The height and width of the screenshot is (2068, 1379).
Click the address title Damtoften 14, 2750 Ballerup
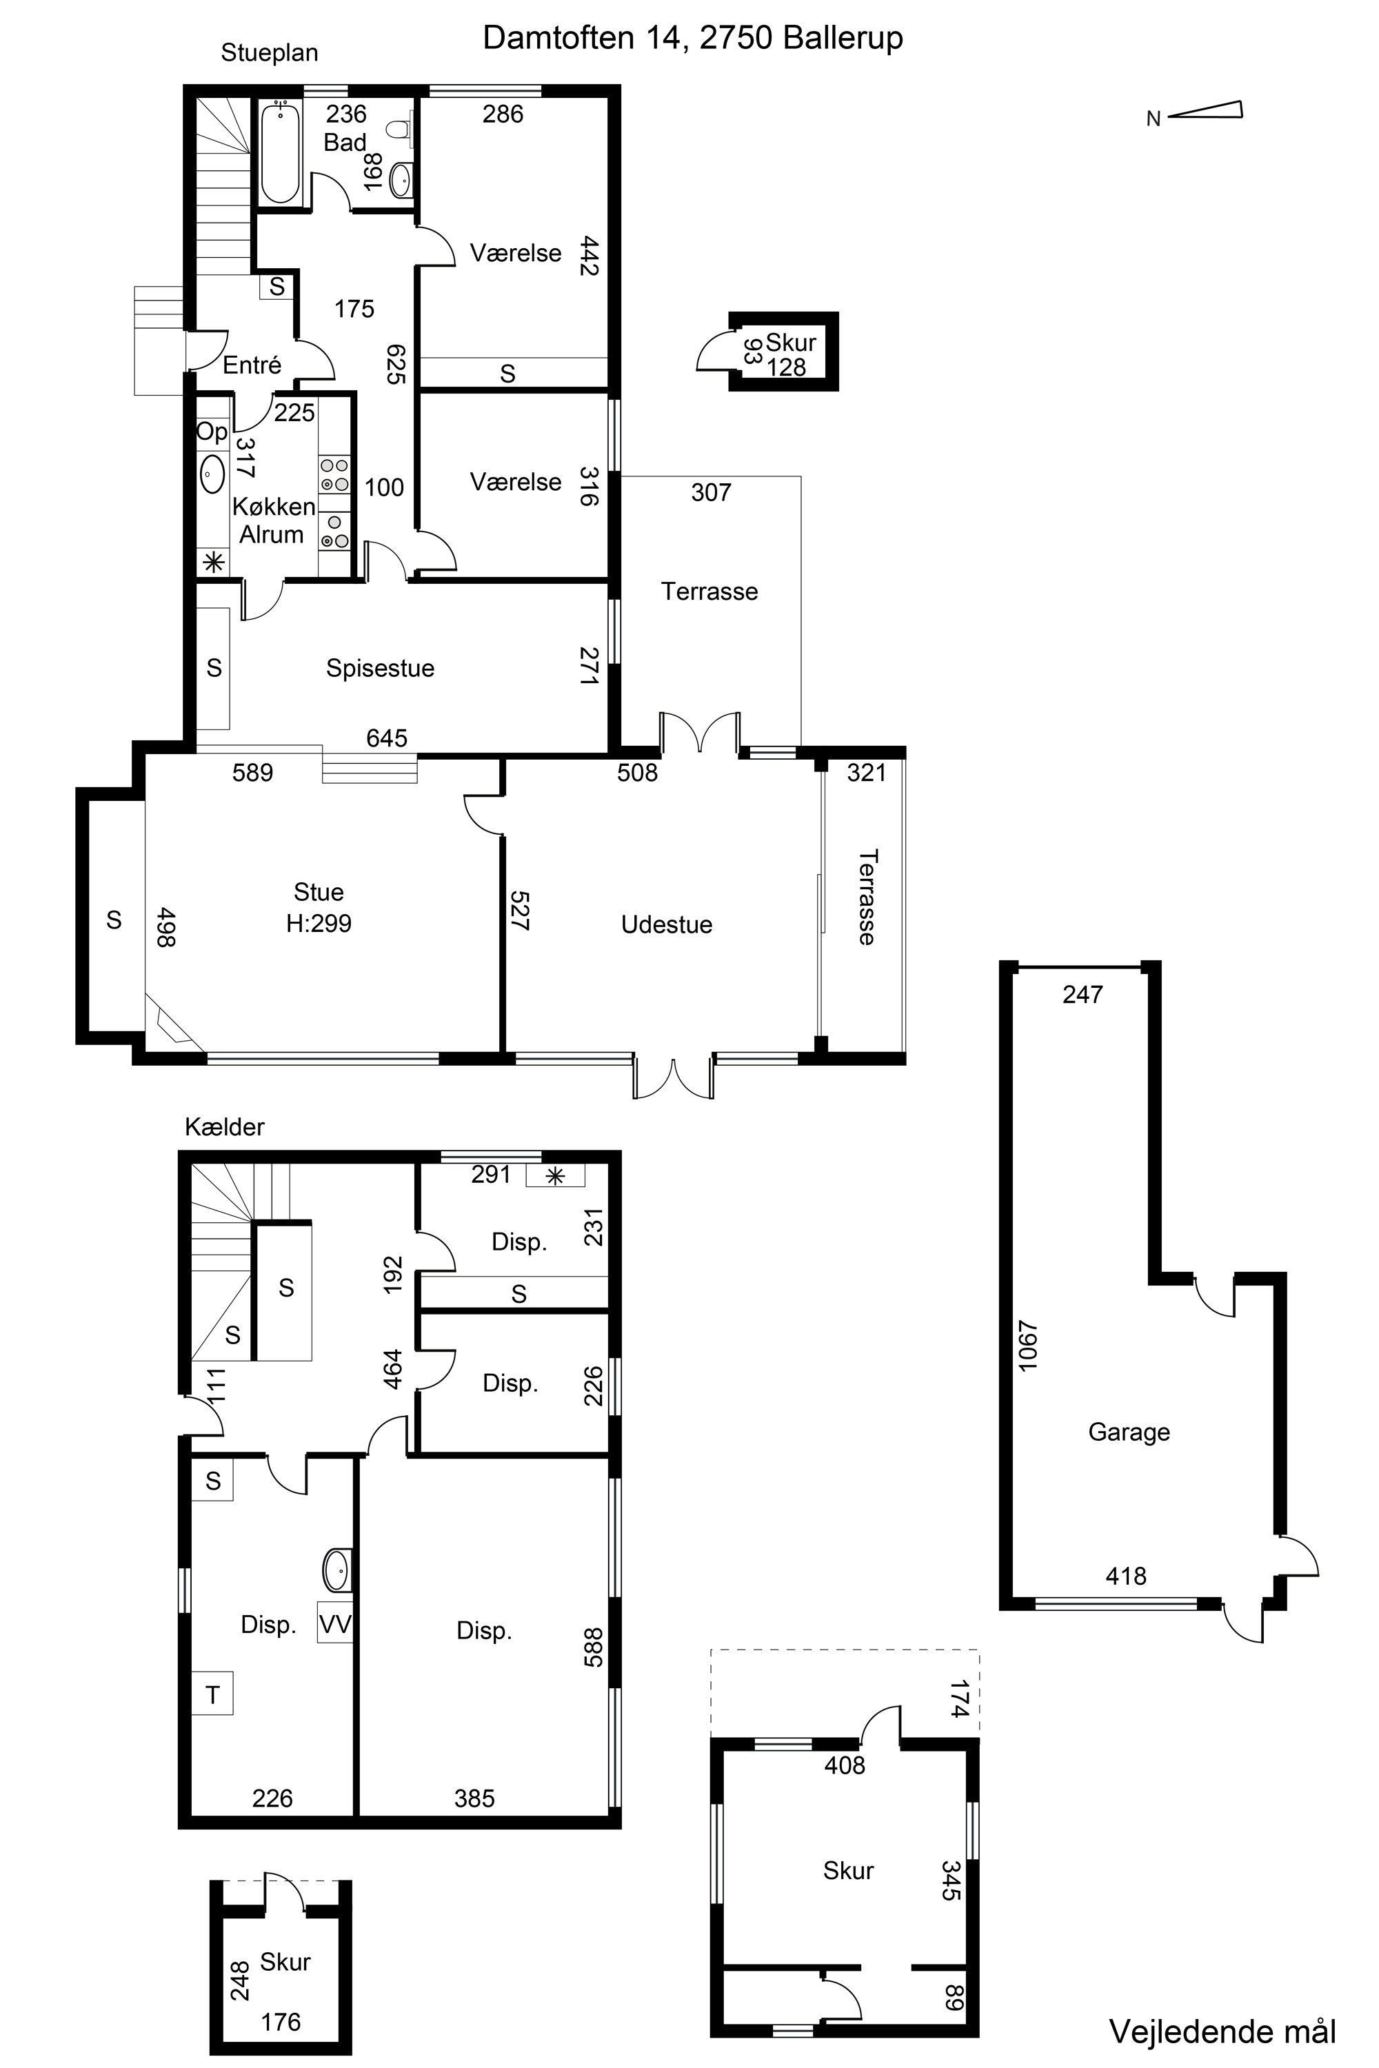tap(693, 39)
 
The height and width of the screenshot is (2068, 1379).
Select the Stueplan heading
tap(269, 53)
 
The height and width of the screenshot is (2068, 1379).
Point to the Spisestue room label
tap(380, 668)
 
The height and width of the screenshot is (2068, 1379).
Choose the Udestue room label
tap(667, 924)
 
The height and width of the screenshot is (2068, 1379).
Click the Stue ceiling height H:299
tap(319, 923)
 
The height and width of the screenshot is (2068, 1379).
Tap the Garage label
tap(1129, 1432)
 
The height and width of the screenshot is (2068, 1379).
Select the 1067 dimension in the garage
tap(1028, 1346)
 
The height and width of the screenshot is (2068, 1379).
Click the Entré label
tap(252, 365)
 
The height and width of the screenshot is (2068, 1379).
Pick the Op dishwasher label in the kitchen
tap(212, 432)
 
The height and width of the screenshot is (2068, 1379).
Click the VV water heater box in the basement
tap(335, 1624)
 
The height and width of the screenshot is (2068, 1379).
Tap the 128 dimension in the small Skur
tap(786, 367)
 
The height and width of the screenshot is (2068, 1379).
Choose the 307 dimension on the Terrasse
tap(711, 492)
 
